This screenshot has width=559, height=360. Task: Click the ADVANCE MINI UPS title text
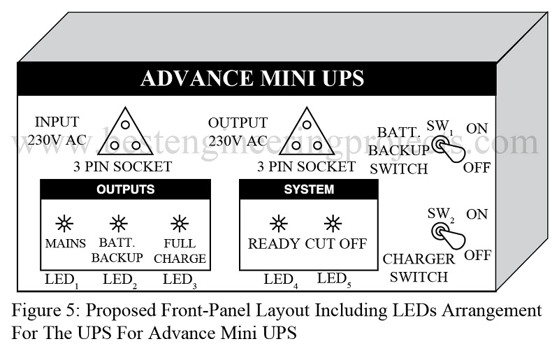[x=252, y=78]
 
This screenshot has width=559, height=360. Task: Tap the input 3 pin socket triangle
[x=125, y=131]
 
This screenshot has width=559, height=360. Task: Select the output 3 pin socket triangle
[x=307, y=131]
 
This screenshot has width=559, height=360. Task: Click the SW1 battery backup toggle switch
[x=449, y=149]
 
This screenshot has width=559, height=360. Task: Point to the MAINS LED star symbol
[x=64, y=224]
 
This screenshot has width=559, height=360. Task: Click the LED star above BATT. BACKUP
[x=118, y=224]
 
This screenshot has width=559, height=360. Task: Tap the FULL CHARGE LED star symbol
[x=180, y=224]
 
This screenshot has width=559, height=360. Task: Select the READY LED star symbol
[x=278, y=224]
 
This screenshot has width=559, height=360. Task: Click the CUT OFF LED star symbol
[x=333, y=224]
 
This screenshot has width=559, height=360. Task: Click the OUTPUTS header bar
[x=126, y=189]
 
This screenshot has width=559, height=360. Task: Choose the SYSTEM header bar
[x=309, y=189]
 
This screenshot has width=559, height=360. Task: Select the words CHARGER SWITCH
[x=419, y=268]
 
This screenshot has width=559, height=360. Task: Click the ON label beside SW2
[x=477, y=215]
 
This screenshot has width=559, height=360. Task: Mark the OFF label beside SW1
[x=477, y=167]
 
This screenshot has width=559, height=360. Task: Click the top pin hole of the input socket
[x=125, y=124]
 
